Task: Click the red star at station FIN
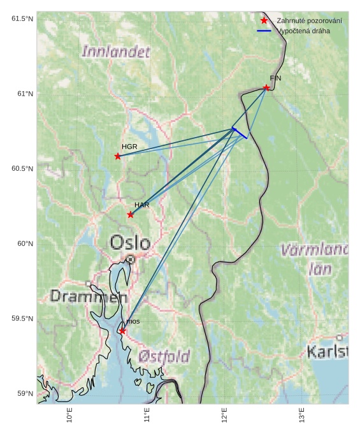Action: [266, 87]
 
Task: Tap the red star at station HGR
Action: [118, 156]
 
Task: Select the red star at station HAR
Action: [131, 214]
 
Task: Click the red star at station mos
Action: [122, 331]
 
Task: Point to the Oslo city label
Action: [130, 243]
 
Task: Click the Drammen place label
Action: [88, 296]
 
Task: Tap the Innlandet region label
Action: [116, 52]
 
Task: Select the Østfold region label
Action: [164, 356]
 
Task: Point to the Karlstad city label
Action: [328, 352]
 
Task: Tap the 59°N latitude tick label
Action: [24, 393]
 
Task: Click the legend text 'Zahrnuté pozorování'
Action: [309, 21]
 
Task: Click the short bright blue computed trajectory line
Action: [240, 133]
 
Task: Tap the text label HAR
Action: [141, 205]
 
